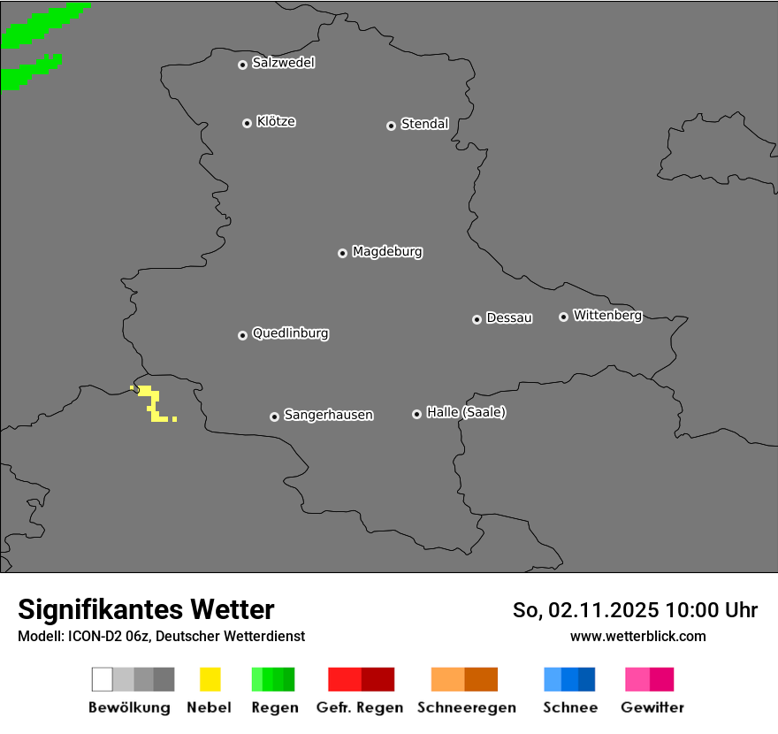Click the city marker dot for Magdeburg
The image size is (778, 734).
[x=342, y=253]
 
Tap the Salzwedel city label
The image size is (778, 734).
[x=283, y=63]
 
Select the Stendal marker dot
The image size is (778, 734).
[x=391, y=126]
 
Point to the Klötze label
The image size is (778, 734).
[x=276, y=121]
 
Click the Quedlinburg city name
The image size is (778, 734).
[x=290, y=333]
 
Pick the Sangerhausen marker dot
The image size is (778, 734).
[x=274, y=417]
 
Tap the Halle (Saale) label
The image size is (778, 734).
[x=466, y=412]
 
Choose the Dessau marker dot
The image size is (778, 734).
[x=477, y=319]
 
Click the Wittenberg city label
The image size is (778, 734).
[x=607, y=315]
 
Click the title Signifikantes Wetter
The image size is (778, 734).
[x=146, y=609]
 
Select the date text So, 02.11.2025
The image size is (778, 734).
[x=585, y=610]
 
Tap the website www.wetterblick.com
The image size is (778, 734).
[x=637, y=636]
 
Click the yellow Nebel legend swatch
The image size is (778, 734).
[x=210, y=679]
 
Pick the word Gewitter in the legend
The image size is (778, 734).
[x=652, y=707]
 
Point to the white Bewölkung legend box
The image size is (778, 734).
[x=103, y=679]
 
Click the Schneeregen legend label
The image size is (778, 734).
[x=466, y=707]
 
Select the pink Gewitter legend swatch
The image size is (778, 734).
[x=637, y=679]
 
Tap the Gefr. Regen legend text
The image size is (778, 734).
[x=360, y=707]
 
